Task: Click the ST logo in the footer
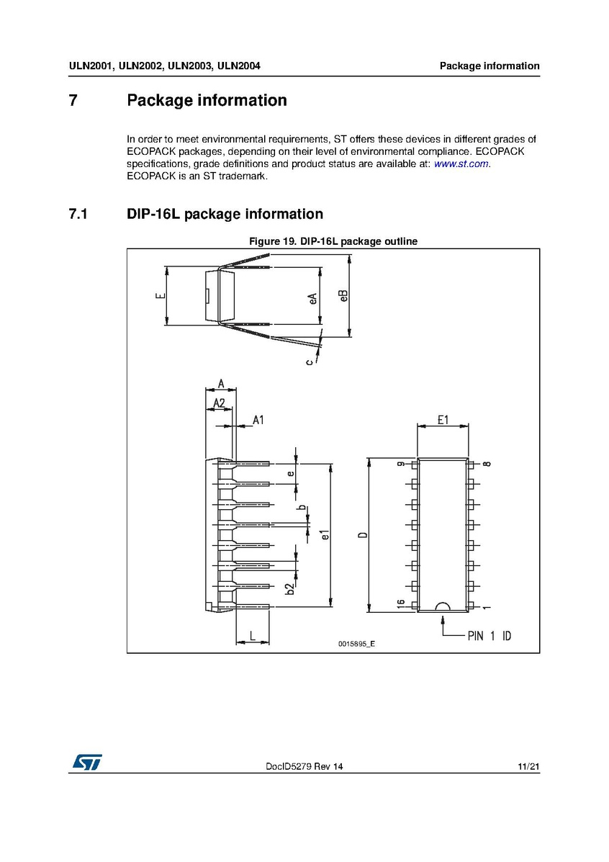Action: [x=86, y=762]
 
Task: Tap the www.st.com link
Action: [x=461, y=164]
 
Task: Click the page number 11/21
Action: [x=528, y=768]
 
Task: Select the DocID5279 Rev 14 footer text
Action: [x=304, y=768]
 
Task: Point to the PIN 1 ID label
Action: [x=490, y=637]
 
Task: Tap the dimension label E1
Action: [x=443, y=420]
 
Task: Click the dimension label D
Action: [x=363, y=534]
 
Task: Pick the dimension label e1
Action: [x=325, y=535]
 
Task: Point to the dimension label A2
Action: [x=220, y=403]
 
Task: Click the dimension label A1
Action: [x=257, y=420]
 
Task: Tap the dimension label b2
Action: [x=290, y=588]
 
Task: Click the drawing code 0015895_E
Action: [x=356, y=644]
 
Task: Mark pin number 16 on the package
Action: [x=400, y=604]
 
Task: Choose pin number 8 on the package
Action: [x=487, y=464]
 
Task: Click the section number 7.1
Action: [x=78, y=214]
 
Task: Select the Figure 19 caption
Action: [x=333, y=241]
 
